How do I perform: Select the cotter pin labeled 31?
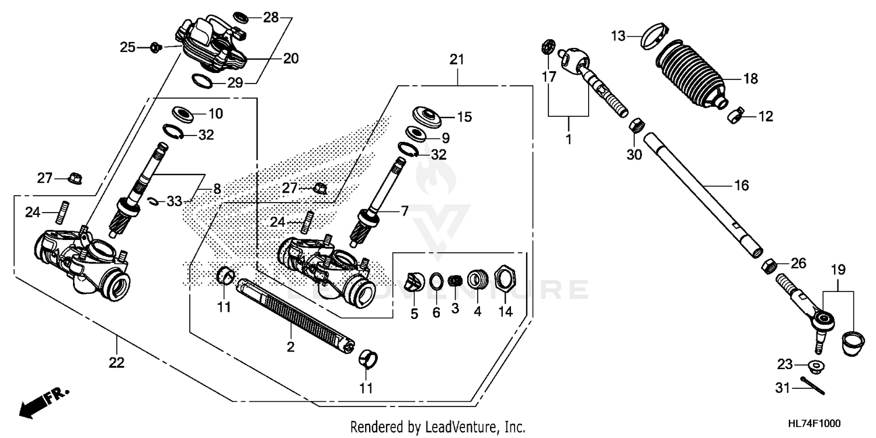pyautogui.click(x=813, y=387)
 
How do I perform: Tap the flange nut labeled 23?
pyautogui.click(x=816, y=367)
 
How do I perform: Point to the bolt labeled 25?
pyautogui.click(x=155, y=47)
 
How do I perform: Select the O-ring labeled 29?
pyautogui.click(x=201, y=80)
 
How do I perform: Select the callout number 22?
pyautogui.click(x=117, y=363)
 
